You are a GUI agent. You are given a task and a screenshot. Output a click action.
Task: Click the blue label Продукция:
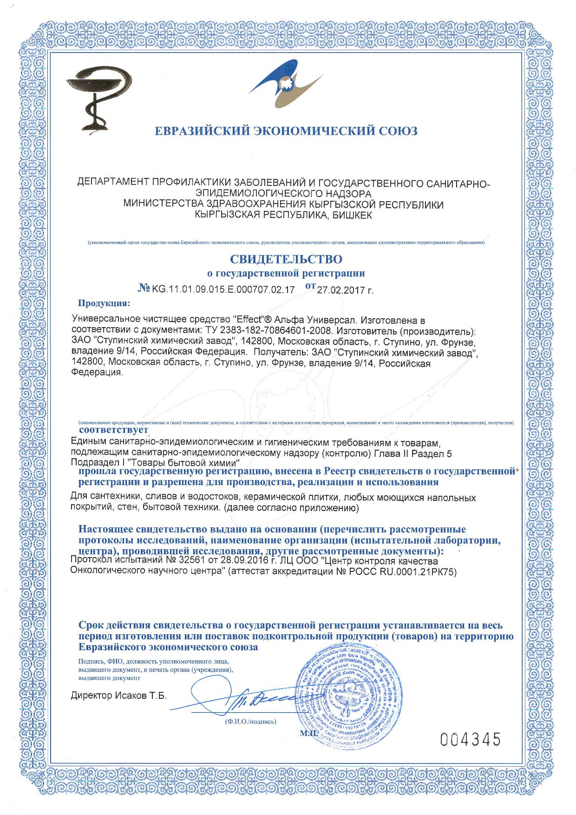[104, 304]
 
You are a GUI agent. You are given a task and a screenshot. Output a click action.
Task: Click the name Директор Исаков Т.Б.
[118, 696]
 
